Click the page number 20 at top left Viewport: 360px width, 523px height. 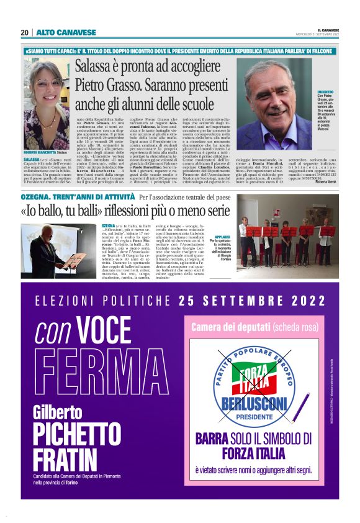tap(24, 32)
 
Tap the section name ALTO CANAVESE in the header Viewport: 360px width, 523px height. tap(58, 32)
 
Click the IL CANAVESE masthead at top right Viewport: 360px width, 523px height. tap(328, 29)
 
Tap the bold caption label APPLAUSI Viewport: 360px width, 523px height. tap(222, 238)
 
